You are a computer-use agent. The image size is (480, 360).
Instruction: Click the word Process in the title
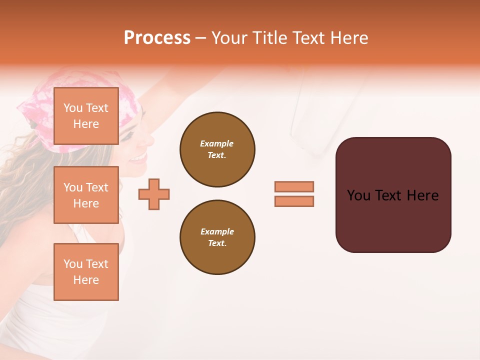157,38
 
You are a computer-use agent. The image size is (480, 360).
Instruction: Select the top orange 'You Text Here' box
86,116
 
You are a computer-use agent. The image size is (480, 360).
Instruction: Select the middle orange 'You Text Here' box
86,195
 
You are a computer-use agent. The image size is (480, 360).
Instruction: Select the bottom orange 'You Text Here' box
86,272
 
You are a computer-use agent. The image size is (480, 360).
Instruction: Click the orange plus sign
154,194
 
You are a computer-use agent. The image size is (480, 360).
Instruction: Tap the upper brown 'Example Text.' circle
217,149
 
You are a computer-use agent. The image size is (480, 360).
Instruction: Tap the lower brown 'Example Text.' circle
217,237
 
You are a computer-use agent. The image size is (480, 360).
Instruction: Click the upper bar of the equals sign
294,186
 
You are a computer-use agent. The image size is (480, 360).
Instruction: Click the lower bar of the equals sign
294,201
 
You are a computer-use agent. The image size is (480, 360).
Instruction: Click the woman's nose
147,140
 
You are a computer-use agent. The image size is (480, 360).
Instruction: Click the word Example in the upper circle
217,143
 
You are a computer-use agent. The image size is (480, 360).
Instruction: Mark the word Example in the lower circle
217,231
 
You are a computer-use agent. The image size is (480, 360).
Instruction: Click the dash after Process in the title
201,38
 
